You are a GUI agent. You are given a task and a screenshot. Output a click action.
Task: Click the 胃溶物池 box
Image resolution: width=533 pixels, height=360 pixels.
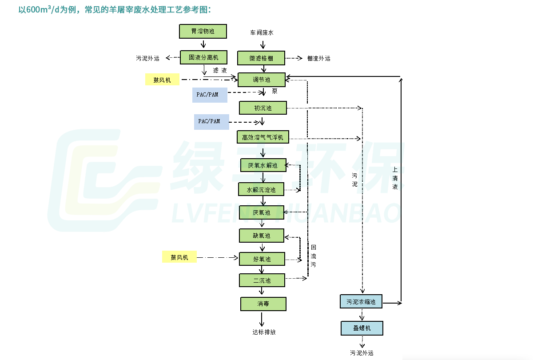point(203,31)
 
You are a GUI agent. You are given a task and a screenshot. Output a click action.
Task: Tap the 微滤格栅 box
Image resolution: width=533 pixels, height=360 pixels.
point(261,58)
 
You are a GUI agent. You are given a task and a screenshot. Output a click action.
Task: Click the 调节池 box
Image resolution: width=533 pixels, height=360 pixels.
point(262,80)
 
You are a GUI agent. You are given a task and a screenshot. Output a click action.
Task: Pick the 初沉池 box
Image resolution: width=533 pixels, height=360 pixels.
point(263,108)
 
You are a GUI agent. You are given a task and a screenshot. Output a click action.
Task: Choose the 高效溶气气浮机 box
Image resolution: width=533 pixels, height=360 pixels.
point(263,137)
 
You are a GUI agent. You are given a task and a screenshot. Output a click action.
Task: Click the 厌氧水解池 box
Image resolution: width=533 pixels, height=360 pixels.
point(263,166)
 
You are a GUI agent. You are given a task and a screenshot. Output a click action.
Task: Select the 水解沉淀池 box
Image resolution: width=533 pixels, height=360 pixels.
point(261,190)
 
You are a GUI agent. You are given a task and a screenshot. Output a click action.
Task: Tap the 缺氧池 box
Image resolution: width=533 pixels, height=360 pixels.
point(262,236)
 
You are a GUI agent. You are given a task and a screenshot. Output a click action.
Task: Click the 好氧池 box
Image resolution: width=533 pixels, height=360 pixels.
point(262,259)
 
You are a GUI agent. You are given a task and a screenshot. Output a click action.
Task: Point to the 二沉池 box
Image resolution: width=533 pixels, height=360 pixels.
point(262,280)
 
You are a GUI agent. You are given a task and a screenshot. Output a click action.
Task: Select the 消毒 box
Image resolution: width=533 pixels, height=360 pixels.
point(263,304)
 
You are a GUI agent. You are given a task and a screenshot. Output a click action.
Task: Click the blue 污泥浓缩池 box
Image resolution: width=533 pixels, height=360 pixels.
point(361,302)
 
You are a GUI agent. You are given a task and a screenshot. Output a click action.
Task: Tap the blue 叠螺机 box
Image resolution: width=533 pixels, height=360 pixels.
point(362,328)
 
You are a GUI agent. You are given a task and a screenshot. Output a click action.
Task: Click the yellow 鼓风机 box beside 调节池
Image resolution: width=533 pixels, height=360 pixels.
point(163,80)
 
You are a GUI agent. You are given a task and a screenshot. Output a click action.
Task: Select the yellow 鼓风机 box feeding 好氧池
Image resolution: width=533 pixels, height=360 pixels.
point(179,257)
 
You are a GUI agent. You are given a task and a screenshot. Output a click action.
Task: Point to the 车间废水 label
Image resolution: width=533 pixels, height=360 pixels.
point(262,32)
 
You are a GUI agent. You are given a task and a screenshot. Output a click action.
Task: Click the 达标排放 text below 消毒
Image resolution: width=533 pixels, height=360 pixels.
point(264,332)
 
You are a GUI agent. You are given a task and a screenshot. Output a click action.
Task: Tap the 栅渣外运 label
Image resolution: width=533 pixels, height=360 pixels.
point(318,58)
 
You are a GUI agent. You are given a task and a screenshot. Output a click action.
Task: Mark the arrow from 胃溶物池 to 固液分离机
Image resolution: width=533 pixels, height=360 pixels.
point(203,44)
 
